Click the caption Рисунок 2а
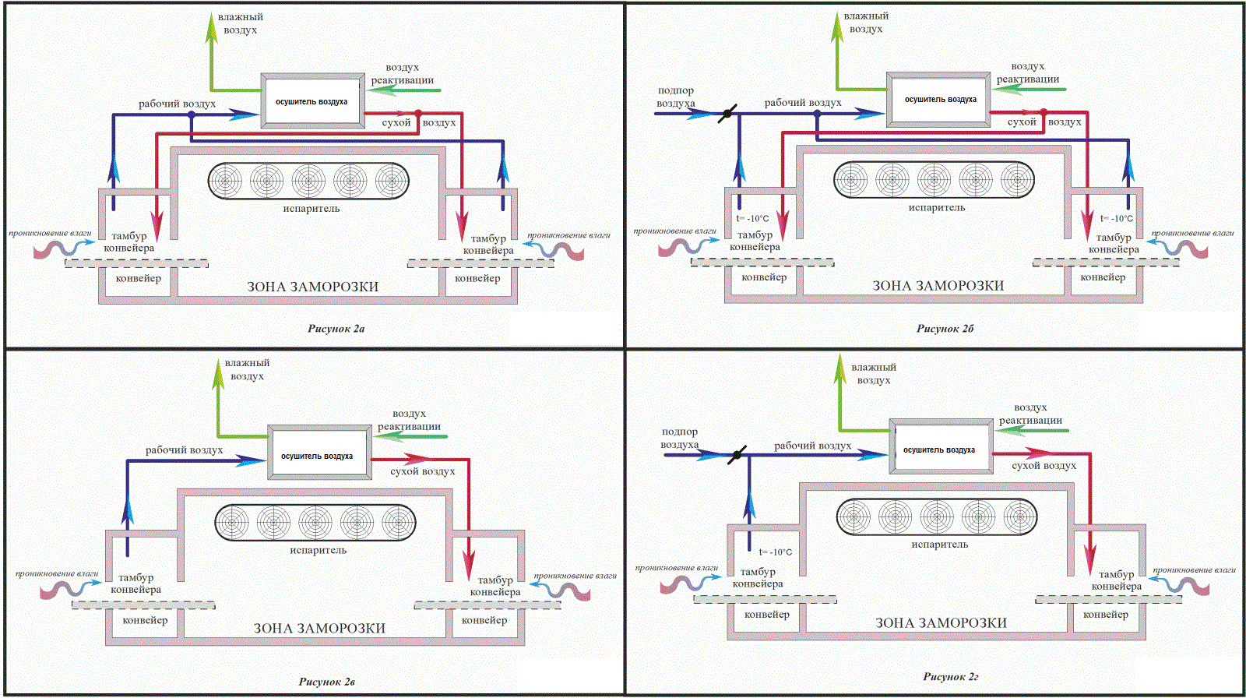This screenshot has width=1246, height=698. (x=336, y=329)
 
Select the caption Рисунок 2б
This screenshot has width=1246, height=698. (x=945, y=329)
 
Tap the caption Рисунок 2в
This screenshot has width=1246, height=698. (x=326, y=682)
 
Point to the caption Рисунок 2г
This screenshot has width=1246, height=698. (x=951, y=677)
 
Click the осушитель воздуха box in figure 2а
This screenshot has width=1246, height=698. (x=312, y=101)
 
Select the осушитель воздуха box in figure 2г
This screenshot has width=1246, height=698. (x=941, y=446)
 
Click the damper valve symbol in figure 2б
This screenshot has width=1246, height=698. (x=727, y=114)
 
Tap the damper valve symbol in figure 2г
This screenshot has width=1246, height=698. (x=737, y=455)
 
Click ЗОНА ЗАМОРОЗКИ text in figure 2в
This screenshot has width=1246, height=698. (x=319, y=629)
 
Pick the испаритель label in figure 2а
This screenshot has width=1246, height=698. (x=311, y=209)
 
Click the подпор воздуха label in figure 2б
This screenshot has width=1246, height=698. (x=676, y=97)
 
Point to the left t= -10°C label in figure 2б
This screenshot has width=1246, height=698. (x=752, y=219)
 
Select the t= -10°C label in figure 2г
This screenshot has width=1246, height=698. (x=776, y=552)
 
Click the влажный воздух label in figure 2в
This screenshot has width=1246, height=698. (x=247, y=369)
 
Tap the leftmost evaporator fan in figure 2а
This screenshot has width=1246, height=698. (x=225, y=181)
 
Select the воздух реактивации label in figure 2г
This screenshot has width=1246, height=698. (x=1030, y=414)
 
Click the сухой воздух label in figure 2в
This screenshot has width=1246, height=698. (x=422, y=471)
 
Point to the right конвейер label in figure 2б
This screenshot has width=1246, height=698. (x=1103, y=277)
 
